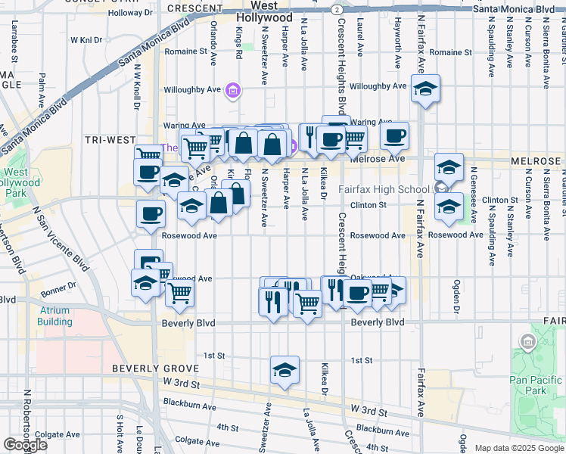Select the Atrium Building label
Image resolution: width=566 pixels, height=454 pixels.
pyautogui.click(x=54, y=316)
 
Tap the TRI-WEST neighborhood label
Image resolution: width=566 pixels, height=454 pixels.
pyautogui.click(x=110, y=140)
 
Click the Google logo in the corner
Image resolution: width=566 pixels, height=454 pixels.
pyautogui.click(x=25, y=445)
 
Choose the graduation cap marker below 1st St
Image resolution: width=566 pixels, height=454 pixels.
pyautogui.click(x=285, y=370)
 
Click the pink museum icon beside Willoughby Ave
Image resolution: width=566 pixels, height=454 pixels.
pyautogui.click(x=233, y=92)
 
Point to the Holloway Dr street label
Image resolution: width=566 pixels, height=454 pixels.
pyautogui.click(x=130, y=13)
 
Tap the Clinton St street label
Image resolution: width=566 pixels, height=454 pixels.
pyautogui.click(x=369, y=205)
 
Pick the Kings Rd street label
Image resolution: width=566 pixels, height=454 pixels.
pyautogui.click(x=239, y=38)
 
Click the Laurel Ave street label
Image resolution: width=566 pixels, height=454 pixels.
pyautogui.click(x=360, y=31)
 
